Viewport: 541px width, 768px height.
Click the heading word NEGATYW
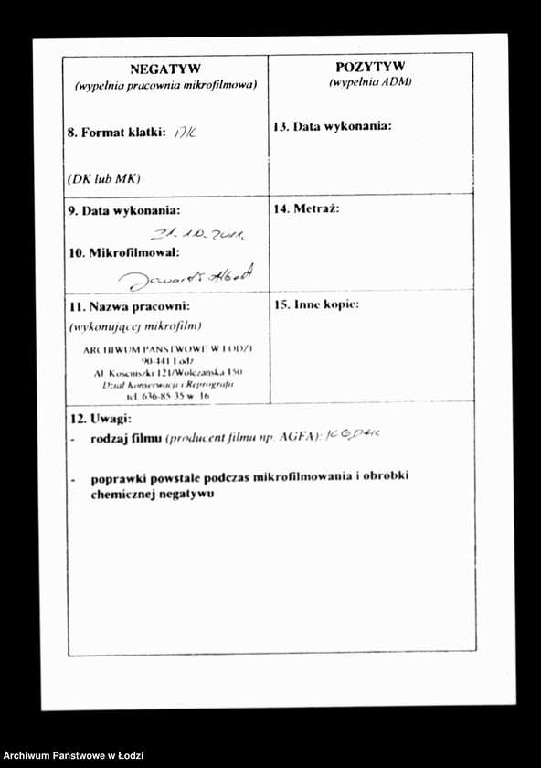point(165,69)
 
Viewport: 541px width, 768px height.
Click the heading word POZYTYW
point(370,67)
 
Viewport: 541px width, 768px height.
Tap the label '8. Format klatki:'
point(116,133)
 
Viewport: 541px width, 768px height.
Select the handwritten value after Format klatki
point(186,132)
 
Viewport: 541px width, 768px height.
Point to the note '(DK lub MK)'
point(103,178)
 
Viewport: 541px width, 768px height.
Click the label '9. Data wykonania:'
point(123,210)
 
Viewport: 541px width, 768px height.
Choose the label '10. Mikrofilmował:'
point(123,251)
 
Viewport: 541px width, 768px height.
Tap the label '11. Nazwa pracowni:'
point(128,306)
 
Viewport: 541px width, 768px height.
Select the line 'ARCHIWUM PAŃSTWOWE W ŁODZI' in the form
point(167,349)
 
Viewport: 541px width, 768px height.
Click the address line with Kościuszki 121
point(167,373)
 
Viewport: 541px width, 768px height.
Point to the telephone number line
point(167,397)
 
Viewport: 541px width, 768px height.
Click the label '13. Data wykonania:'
point(333,126)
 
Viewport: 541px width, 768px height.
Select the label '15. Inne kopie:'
point(316,304)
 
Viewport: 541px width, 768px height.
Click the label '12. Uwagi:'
point(101,419)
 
